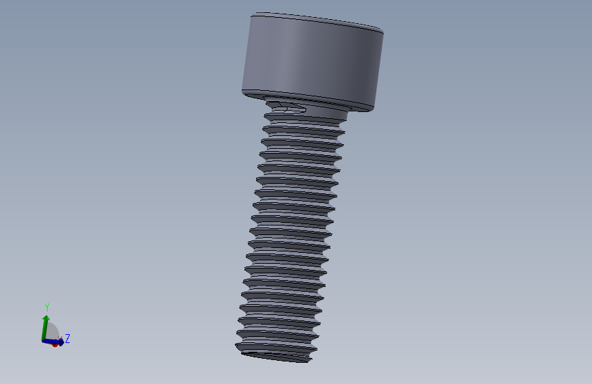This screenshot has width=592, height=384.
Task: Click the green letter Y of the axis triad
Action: click(x=47, y=307)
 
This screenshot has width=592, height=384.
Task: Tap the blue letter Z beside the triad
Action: click(x=68, y=338)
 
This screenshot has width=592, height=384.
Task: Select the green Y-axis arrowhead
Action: click(x=46, y=318)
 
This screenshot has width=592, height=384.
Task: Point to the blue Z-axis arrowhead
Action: click(x=61, y=341)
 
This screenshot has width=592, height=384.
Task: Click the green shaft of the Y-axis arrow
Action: click(x=44, y=330)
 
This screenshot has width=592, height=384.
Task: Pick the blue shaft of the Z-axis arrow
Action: click(x=51, y=341)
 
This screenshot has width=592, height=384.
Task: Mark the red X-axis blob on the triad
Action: click(x=55, y=344)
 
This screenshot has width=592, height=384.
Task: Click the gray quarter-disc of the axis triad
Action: click(x=52, y=331)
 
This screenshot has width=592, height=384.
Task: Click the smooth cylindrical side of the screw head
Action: click(x=313, y=61)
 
